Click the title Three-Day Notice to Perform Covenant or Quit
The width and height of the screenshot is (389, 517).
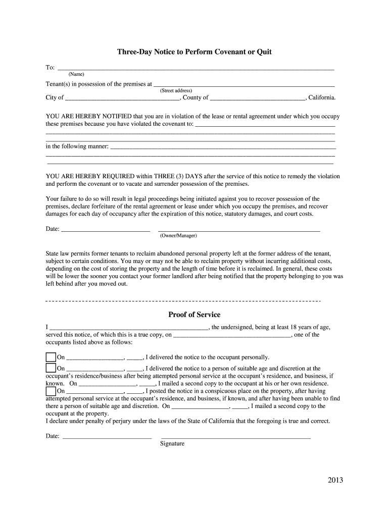pyautogui.click(x=194, y=52)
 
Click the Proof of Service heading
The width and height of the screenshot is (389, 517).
pyautogui.click(x=194, y=315)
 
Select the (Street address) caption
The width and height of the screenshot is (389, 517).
pyautogui.click(x=175, y=91)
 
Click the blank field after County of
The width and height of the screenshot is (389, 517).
pyautogui.click(x=257, y=98)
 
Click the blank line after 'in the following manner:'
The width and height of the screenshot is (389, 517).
pyautogui.click(x=223, y=147)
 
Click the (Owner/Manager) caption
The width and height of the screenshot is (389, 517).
pyautogui.click(x=178, y=236)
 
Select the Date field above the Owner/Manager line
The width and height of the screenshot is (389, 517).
pyautogui.click(x=105, y=230)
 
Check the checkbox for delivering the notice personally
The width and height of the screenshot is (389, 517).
pyautogui.click(x=51, y=357)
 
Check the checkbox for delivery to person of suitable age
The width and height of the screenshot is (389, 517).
pyautogui.click(x=51, y=369)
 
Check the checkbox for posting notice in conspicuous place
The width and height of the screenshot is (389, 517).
pyautogui.click(x=51, y=391)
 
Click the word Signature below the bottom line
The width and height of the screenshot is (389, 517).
pyautogui.click(x=172, y=444)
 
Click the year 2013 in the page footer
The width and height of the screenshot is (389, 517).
pyautogui.click(x=334, y=480)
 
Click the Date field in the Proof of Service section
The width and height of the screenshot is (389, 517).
pyautogui.click(x=106, y=436)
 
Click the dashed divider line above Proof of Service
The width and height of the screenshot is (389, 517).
pyautogui.click(x=183, y=301)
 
